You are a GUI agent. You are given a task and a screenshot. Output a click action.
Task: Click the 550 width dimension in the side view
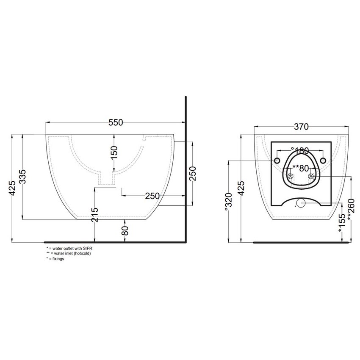pyautogui.click(x=115, y=122)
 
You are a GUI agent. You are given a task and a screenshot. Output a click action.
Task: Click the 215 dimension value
pyautogui.click(x=95, y=215)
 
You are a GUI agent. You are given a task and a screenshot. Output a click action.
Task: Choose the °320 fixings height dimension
pyautogui.click(x=228, y=202)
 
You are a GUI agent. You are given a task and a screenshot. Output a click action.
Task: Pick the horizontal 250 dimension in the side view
pyautogui.click(x=152, y=196)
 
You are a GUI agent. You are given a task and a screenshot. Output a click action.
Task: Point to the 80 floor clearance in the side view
pyautogui.click(x=125, y=231)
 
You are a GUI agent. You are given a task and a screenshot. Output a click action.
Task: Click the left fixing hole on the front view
pyautogui.click(x=277, y=161)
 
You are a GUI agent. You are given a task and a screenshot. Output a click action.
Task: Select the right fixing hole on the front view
pyautogui.click(x=323, y=161)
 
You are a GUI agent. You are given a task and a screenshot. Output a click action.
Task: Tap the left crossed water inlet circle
pyautogui.click(x=291, y=176)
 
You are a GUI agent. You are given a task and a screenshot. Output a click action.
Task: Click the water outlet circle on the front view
pyautogui.click(x=301, y=203)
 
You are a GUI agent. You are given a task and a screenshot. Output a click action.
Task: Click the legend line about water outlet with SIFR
pyautogui.click(x=70, y=248)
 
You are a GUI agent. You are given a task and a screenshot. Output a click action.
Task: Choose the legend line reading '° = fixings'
pyautogui.click(x=55, y=258)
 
